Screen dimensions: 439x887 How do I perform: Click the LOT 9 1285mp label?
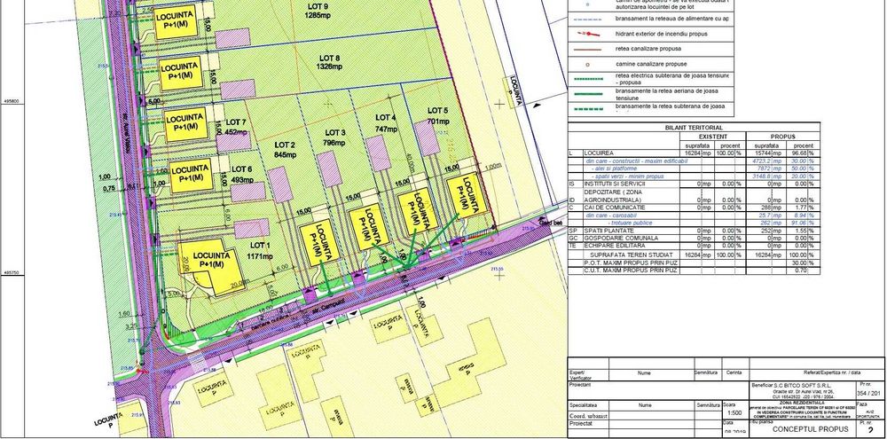[x=317, y=12]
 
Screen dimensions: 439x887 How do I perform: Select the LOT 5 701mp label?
[x=438, y=115]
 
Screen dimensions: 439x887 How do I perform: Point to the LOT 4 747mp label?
[x=385, y=123]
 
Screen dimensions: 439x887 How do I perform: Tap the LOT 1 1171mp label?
[x=259, y=250]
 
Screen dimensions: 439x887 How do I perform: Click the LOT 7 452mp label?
[x=236, y=127]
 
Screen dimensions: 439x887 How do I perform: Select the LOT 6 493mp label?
[x=241, y=174]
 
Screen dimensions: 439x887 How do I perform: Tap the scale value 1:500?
[x=734, y=412]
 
